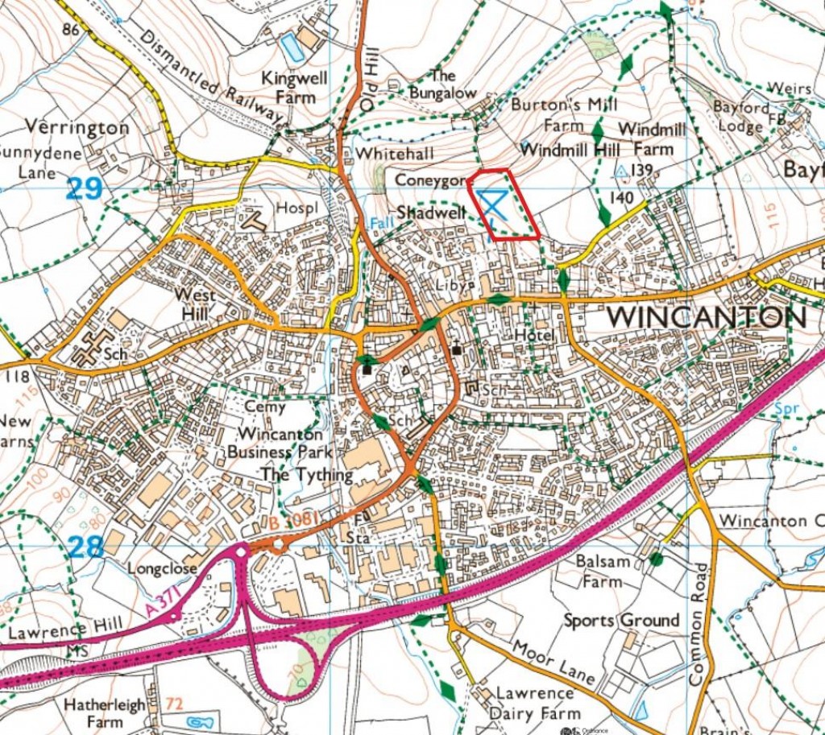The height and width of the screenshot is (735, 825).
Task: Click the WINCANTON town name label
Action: coord(707,316)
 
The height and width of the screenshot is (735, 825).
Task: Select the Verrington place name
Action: coord(77,127)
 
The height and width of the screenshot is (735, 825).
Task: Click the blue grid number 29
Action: coord(85,189)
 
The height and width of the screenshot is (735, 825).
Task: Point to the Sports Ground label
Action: coord(621,621)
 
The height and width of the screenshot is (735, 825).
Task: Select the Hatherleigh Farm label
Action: coord(106,713)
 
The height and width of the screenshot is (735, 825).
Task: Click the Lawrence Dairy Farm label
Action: coord(537,704)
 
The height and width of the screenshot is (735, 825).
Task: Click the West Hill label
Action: coord(195,303)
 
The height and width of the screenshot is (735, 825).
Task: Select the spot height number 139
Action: coord(641,170)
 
